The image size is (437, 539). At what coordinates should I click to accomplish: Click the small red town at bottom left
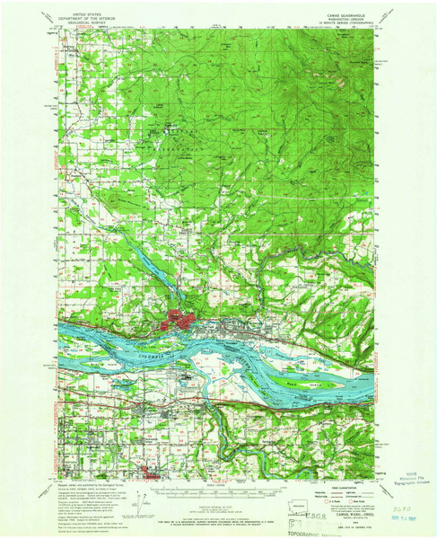148,470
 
